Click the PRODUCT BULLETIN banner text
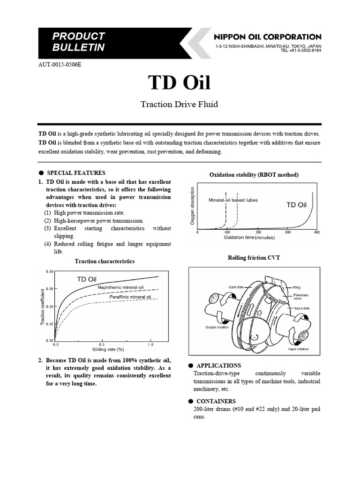78,42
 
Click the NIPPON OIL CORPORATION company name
267,37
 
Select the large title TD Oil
180,82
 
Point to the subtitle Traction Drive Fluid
180,104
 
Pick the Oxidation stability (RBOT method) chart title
254,175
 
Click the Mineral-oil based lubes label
233,200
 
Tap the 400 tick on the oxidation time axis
316,232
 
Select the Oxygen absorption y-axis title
192,205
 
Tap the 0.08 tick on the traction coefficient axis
50,272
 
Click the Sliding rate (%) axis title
107,349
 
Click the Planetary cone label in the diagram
300,296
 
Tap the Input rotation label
298,349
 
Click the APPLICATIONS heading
218,366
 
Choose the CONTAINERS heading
216,401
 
